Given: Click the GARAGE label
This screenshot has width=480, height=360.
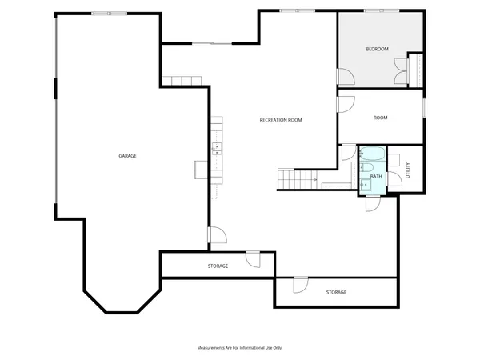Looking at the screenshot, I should click(x=127, y=155).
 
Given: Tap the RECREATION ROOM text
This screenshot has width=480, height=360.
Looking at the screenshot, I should click(x=281, y=120).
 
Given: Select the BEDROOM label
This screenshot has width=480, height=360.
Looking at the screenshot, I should click(x=377, y=50).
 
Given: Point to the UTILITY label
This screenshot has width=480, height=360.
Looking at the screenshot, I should click(x=408, y=170).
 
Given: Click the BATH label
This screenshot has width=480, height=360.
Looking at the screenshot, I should click(x=375, y=175).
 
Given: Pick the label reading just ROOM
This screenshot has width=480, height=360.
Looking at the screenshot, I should click(x=380, y=118).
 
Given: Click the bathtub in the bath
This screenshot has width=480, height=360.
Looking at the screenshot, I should click(x=372, y=153).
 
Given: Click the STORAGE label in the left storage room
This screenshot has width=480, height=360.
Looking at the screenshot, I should click(x=218, y=266).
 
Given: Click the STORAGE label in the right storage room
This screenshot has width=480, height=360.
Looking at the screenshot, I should click(x=336, y=292).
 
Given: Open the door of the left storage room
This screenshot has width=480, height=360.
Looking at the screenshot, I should click(x=253, y=259).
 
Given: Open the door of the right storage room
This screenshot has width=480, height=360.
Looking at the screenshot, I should click(x=300, y=285).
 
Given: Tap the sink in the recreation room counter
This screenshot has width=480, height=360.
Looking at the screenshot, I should click(x=216, y=148).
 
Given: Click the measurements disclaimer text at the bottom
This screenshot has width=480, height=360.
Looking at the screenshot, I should click(x=240, y=348).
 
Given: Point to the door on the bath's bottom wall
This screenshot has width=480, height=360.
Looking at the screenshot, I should click(x=373, y=203).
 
